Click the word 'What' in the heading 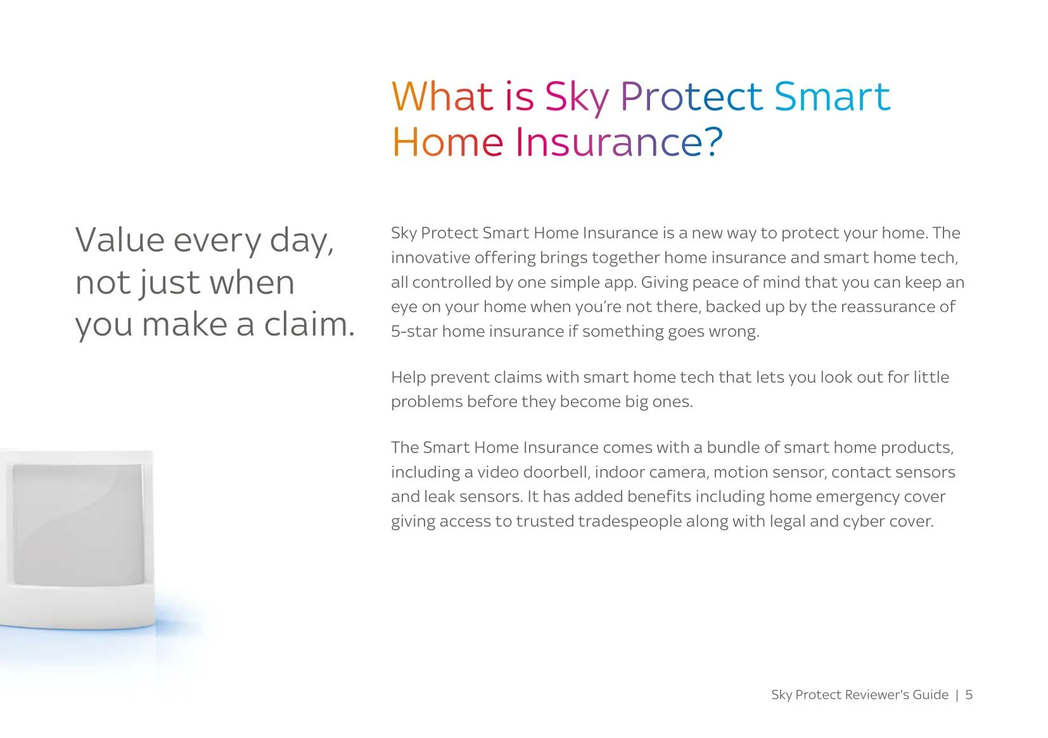coord(442,97)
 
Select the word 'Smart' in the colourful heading coord(832,97)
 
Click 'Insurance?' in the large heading coord(618,142)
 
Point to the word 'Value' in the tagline coord(120,241)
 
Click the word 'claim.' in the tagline coord(309,325)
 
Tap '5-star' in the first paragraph coord(414,332)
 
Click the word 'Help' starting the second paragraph coord(408,377)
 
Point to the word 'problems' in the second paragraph coord(426,402)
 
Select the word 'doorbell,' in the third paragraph coord(556,472)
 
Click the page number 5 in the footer coord(969,695)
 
